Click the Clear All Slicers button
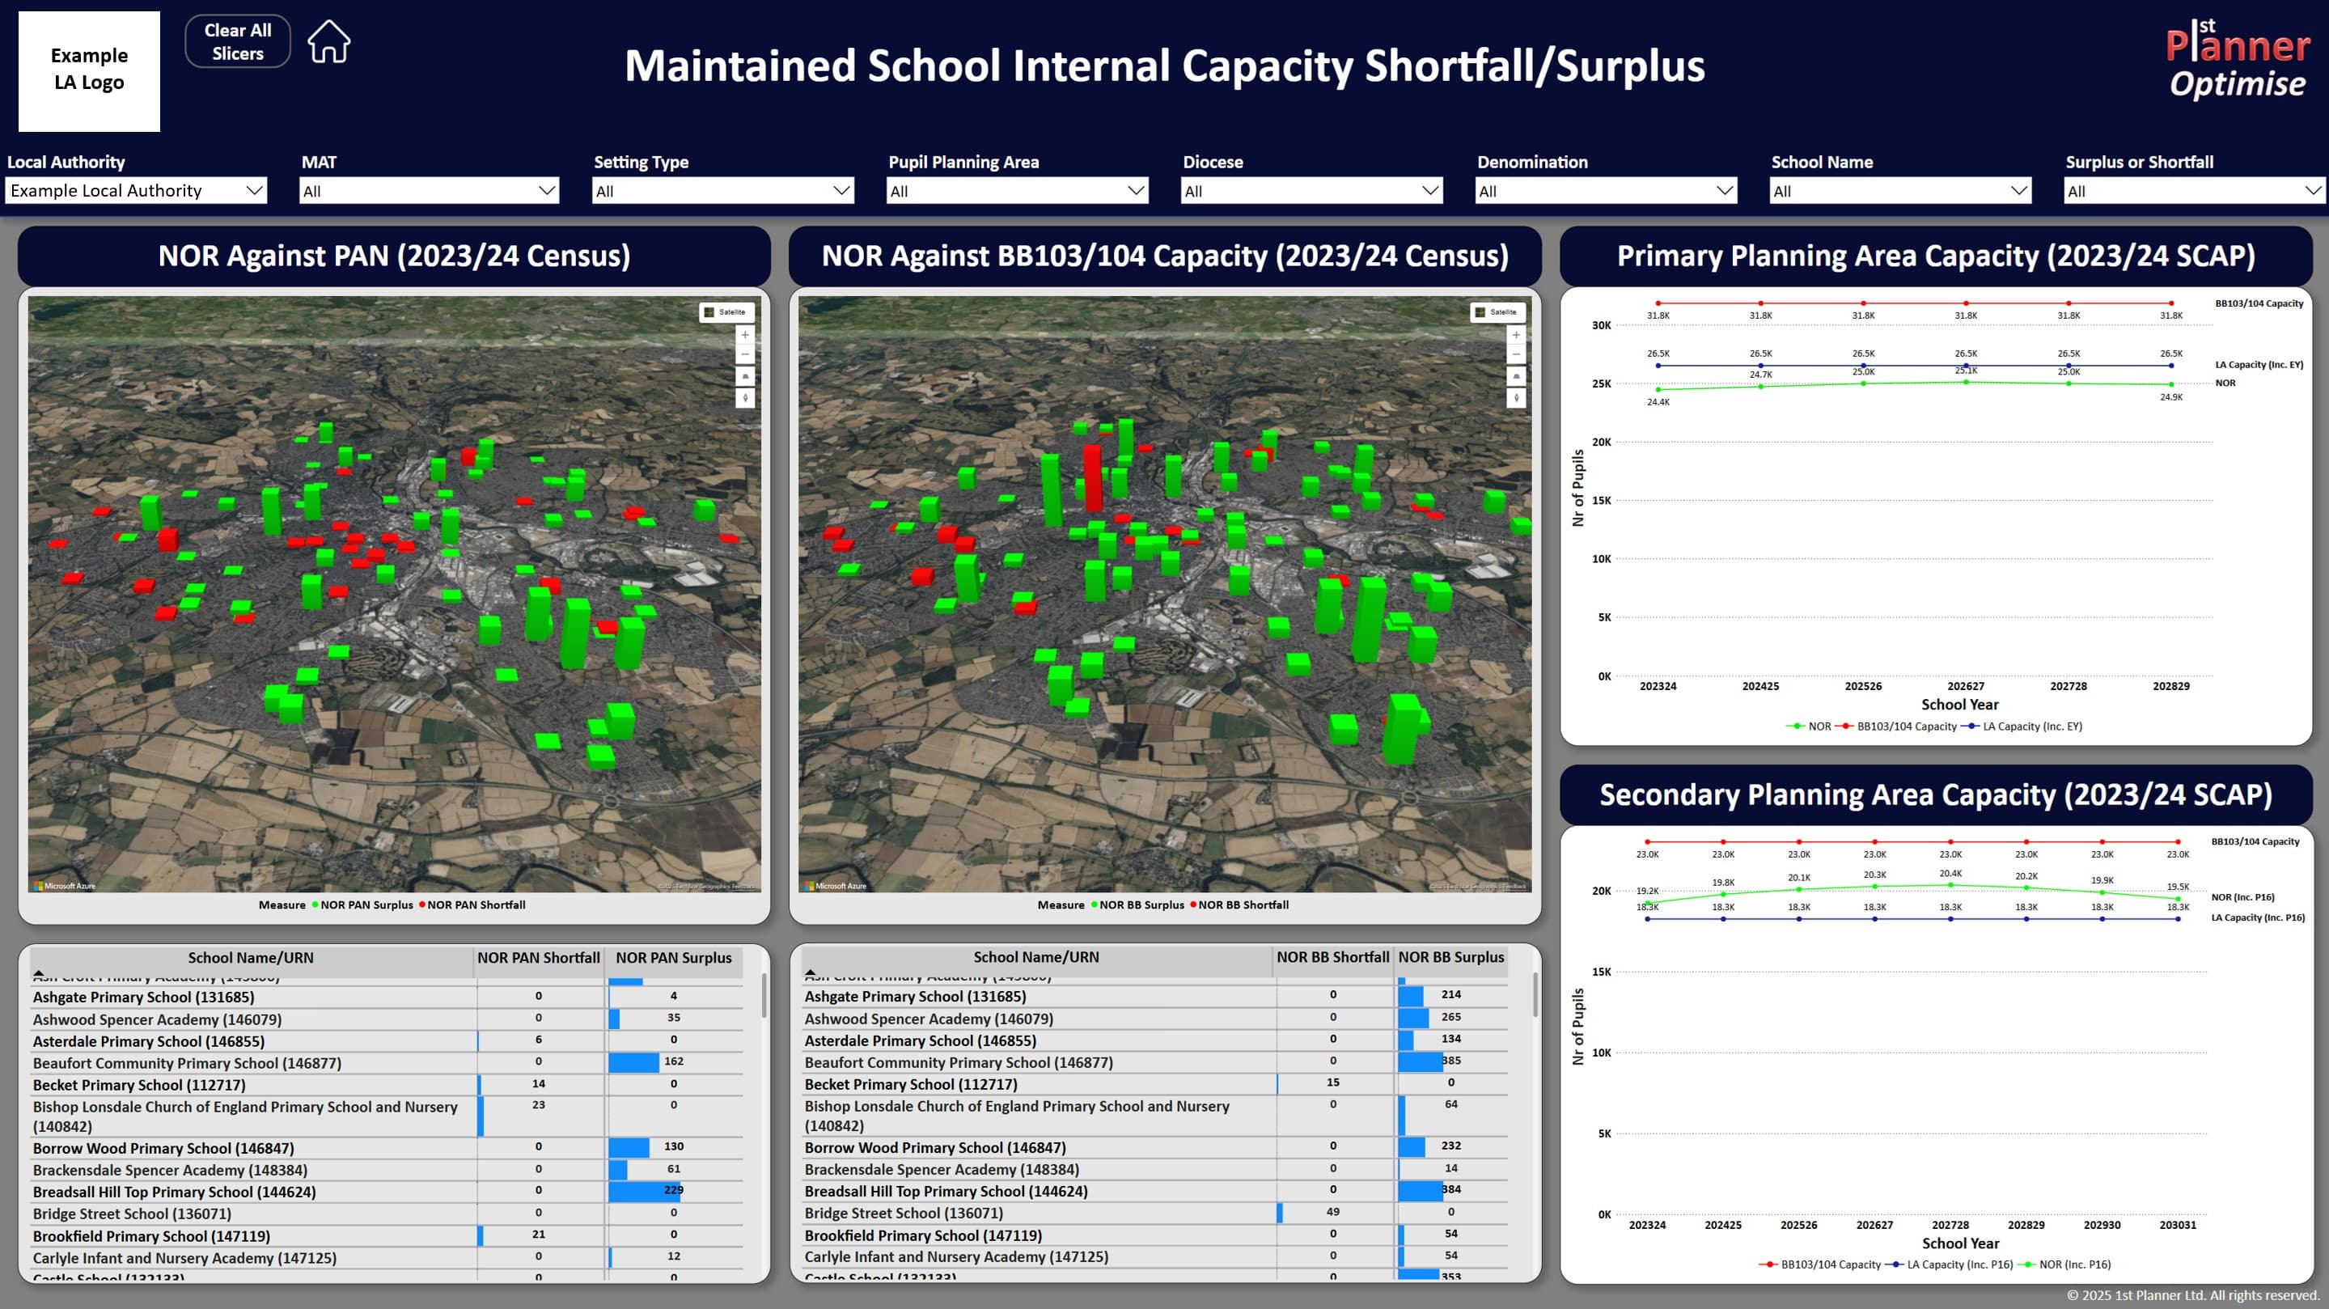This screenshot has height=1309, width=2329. pyautogui.click(x=237, y=41)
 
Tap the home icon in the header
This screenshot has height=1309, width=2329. pyautogui.click(x=328, y=41)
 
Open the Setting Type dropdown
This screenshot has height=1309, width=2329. pyautogui.click(x=722, y=191)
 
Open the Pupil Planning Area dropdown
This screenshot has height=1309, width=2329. pyautogui.click(x=1017, y=191)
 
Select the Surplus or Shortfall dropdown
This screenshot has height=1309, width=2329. pyautogui.click(x=2193, y=191)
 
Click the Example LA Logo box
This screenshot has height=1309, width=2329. pyautogui.click(x=89, y=70)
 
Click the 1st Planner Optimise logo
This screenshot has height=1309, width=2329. pyautogui.click(x=2237, y=60)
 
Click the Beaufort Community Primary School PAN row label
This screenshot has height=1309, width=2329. pyautogui.click(x=187, y=1063)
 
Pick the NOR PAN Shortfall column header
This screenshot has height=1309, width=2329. pyautogui.click(x=538, y=957)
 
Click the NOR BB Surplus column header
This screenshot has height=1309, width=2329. pyautogui.click(x=1450, y=956)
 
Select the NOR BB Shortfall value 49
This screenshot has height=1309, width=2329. pyautogui.click(x=1332, y=1211)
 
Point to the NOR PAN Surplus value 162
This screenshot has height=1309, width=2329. pyautogui.click(x=674, y=1061)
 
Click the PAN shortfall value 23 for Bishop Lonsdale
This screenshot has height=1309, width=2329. pyautogui.click(x=538, y=1104)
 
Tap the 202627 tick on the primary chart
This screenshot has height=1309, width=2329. pyautogui.click(x=1966, y=686)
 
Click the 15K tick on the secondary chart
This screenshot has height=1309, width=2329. pyautogui.click(x=1601, y=972)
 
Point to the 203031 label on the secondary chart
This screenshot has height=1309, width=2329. pyautogui.click(x=2177, y=1225)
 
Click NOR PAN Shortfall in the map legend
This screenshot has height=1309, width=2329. pyautogui.click(x=475, y=905)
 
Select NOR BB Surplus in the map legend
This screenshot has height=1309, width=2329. pyautogui.click(x=1140, y=905)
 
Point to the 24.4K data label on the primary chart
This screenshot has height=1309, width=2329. pyautogui.click(x=1658, y=402)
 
